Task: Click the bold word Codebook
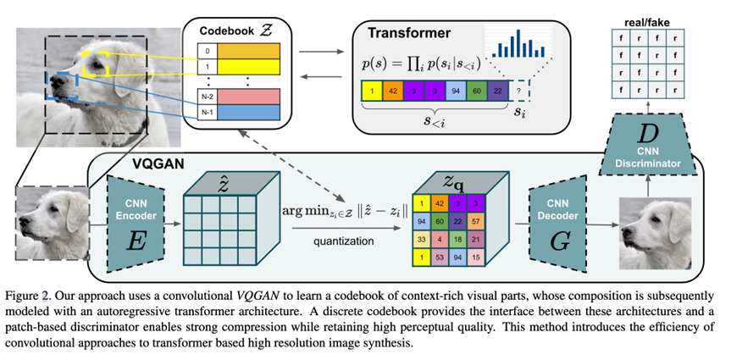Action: tap(223, 30)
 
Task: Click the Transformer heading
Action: tap(408, 34)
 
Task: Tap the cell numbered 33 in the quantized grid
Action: tap(421, 239)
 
